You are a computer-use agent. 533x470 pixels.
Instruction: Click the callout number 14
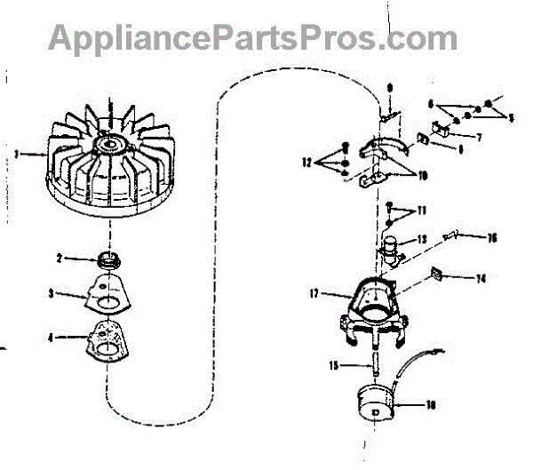481,278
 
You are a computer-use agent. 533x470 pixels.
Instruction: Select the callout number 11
422,210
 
